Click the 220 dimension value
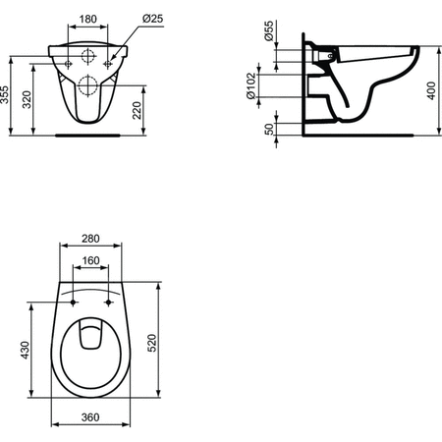[137, 110]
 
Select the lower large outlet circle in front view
[87, 85]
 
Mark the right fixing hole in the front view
[108, 62]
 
